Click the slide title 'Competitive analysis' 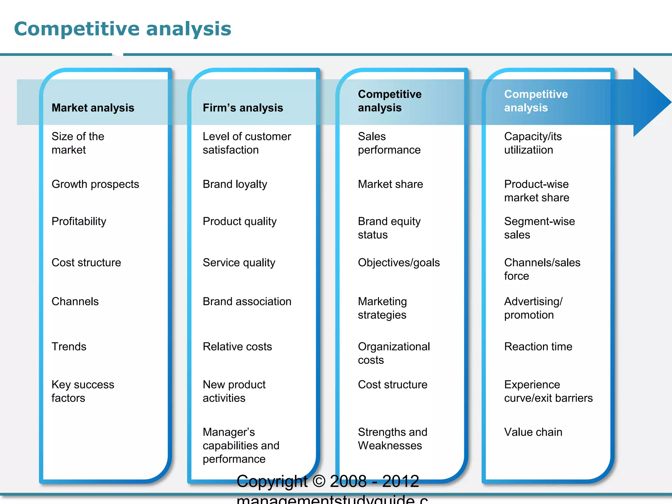[x=122, y=29]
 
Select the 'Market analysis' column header [x=93, y=108]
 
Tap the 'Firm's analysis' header [x=243, y=108]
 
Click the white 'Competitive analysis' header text [x=535, y=101]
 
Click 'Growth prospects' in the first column [x=95, y=184]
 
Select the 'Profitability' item [x=79, y=221]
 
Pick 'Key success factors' [x=83, y=391]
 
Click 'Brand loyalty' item [x=235, y=184]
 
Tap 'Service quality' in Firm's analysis [x=239, y=262]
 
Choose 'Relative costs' [x=237, y=346]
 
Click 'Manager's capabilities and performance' [x=241, y=445]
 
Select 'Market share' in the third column [x=390, y=184]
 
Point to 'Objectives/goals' [x=399, y=262]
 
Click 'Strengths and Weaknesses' [x=392, y=439]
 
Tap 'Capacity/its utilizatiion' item [x=533, y=143]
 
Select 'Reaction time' [x=538, y=346]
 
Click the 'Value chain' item [x=533, y=432]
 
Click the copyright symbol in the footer [x=319, y=481]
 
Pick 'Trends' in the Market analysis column [x=69, y=346]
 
